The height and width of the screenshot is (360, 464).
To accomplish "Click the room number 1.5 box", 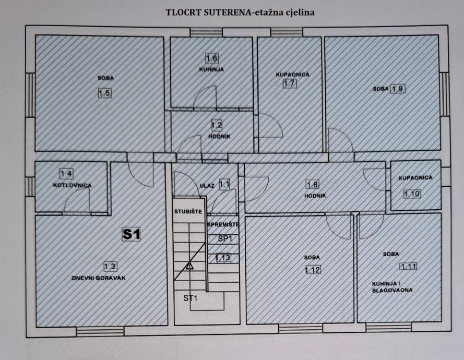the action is (104, 93).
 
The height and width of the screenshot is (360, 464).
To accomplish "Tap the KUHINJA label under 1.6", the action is (211, 69).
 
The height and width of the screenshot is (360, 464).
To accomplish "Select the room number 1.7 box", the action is (289, 83).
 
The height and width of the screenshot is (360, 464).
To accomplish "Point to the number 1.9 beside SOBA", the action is (398, 89).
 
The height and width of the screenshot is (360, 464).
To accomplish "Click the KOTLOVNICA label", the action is (72, 185).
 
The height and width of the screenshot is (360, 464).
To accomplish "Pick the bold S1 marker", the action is (132, 234).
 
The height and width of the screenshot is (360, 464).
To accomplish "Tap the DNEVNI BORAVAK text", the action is (99, 278).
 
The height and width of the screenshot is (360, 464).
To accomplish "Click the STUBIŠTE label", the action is (188, 211).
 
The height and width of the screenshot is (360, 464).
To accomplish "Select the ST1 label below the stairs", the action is (190, 298).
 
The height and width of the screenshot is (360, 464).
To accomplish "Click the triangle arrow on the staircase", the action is (189, 266).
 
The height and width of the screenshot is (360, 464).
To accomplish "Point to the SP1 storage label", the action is (224, 238).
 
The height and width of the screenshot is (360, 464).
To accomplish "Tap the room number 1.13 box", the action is (223, 258).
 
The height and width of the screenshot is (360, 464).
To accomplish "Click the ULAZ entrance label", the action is (207, 186).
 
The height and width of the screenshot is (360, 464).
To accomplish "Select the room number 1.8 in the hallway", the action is (313, 185).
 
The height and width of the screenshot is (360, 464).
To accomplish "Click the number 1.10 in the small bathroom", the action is (412, 194).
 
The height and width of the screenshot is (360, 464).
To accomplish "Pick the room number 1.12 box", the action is (313, 270).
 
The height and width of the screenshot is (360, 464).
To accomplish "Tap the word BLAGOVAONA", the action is (392, 290).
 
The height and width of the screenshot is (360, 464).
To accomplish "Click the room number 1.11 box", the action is (408, 267).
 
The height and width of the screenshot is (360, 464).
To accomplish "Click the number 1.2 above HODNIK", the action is (217, 125).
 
